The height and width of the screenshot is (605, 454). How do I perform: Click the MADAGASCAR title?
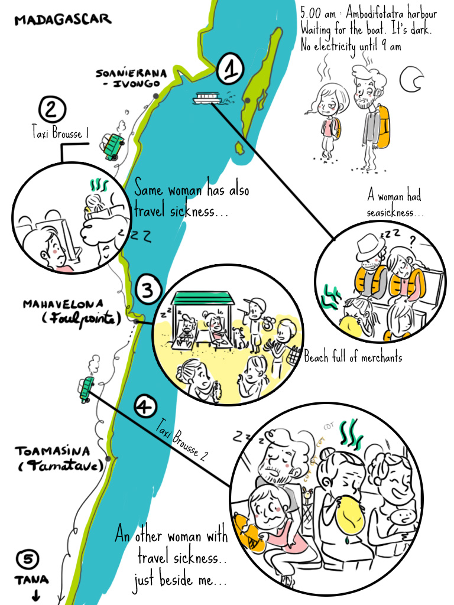tap(63, 19)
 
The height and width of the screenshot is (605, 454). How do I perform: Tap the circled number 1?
tap(230, 69)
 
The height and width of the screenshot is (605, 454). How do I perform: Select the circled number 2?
tap(52, 109)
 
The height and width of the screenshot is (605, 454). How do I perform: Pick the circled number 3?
tap(148, 289)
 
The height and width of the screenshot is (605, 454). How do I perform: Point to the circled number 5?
tap(27, 559)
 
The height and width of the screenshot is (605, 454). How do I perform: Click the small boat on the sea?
tap(207, 99)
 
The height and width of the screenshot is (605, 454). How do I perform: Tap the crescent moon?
tap(411, 79)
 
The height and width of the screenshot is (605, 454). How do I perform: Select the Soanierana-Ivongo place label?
tap(131, 79)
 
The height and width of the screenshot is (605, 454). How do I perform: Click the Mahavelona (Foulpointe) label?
tap(72, 312)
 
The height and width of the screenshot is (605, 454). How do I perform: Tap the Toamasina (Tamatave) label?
tap(59, 458)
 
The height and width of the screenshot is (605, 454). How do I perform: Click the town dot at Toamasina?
tap(109, 458)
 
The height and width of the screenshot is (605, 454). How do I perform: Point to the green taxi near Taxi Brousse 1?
tap(112, 147)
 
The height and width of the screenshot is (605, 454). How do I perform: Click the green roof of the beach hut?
tap(203, 298)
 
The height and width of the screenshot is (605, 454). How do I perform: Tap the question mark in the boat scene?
tap(412, 242)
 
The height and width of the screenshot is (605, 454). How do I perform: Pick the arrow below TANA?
tap(35, 595)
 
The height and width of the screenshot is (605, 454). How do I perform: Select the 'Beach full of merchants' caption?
tap(353, 357)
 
